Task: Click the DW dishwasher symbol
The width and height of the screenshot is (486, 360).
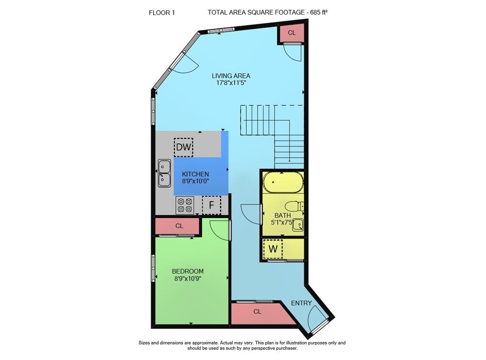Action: (184, 147)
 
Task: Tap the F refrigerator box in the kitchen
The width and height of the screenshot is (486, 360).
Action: (211, 205)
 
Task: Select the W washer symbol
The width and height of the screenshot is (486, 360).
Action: (273, 248)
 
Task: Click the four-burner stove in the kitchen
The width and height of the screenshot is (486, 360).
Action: (185, 206)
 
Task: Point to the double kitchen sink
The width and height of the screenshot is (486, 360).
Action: (164, 173)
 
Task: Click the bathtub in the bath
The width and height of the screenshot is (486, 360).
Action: (283, 183)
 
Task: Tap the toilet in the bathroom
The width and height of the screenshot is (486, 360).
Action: (295, 206)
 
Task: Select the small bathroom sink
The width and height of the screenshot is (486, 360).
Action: (298, 224)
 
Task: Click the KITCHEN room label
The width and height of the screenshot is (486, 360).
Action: (195, 174)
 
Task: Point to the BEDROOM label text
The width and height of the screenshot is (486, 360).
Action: (188, 271)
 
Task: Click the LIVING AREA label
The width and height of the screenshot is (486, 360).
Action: (231, 76)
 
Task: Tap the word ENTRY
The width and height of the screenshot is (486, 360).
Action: (301, 303)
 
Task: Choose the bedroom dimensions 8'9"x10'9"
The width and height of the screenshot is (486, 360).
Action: (188, 278)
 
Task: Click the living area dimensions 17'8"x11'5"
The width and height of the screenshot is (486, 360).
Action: (231, 83)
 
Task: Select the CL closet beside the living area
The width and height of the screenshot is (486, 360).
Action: (292, 33)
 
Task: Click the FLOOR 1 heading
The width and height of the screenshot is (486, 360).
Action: (162, 13)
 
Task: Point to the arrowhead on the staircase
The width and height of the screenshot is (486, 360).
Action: (289, 160)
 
